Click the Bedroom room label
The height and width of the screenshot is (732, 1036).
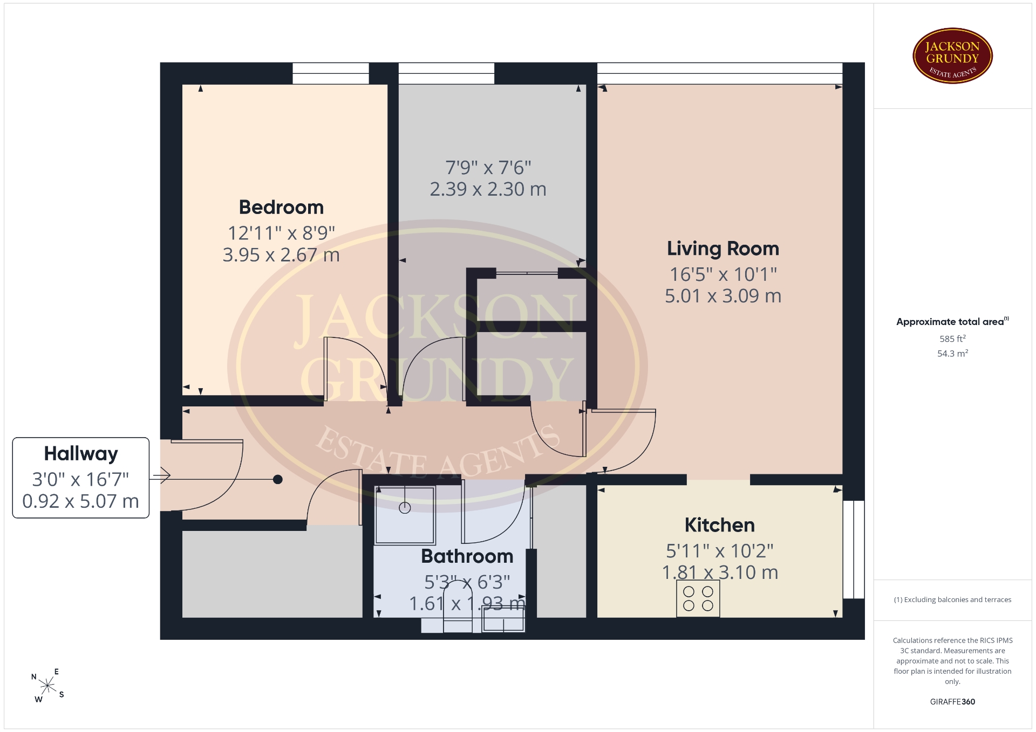click(x=281, y=207)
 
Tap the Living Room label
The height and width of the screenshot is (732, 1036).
click(x=723, y=248)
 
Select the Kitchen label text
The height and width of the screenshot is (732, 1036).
click(x=720, y=525)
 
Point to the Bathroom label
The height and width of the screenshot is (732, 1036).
click(x=467, y=556)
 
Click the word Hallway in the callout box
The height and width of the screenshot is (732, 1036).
click(x=81, y=454)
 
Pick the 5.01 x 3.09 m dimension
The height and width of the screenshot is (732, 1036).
click(x=723, y=296)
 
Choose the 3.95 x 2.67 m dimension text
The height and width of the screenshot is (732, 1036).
click(x=281, y=255)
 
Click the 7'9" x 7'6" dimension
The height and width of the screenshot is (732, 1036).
click(x=488, y=168)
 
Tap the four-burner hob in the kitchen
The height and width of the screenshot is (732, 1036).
click(x=698, y=599)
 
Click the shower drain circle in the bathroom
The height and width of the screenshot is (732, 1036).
click(x=405, y=508)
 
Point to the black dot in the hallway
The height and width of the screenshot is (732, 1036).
click(x=278, y=479)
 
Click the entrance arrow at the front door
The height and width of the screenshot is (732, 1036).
click(x=161, y=475)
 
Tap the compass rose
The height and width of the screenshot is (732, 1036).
click(x=48, y=686)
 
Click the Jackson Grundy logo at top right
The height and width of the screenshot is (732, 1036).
click(x=952, y=56)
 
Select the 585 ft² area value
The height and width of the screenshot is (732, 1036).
click(x=952, y=339)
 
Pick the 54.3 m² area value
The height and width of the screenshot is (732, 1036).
click(x=952, y=354)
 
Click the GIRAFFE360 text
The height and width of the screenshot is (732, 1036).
click(x=952, y=702)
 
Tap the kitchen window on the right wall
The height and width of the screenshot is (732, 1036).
click(x=854, y=549)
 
